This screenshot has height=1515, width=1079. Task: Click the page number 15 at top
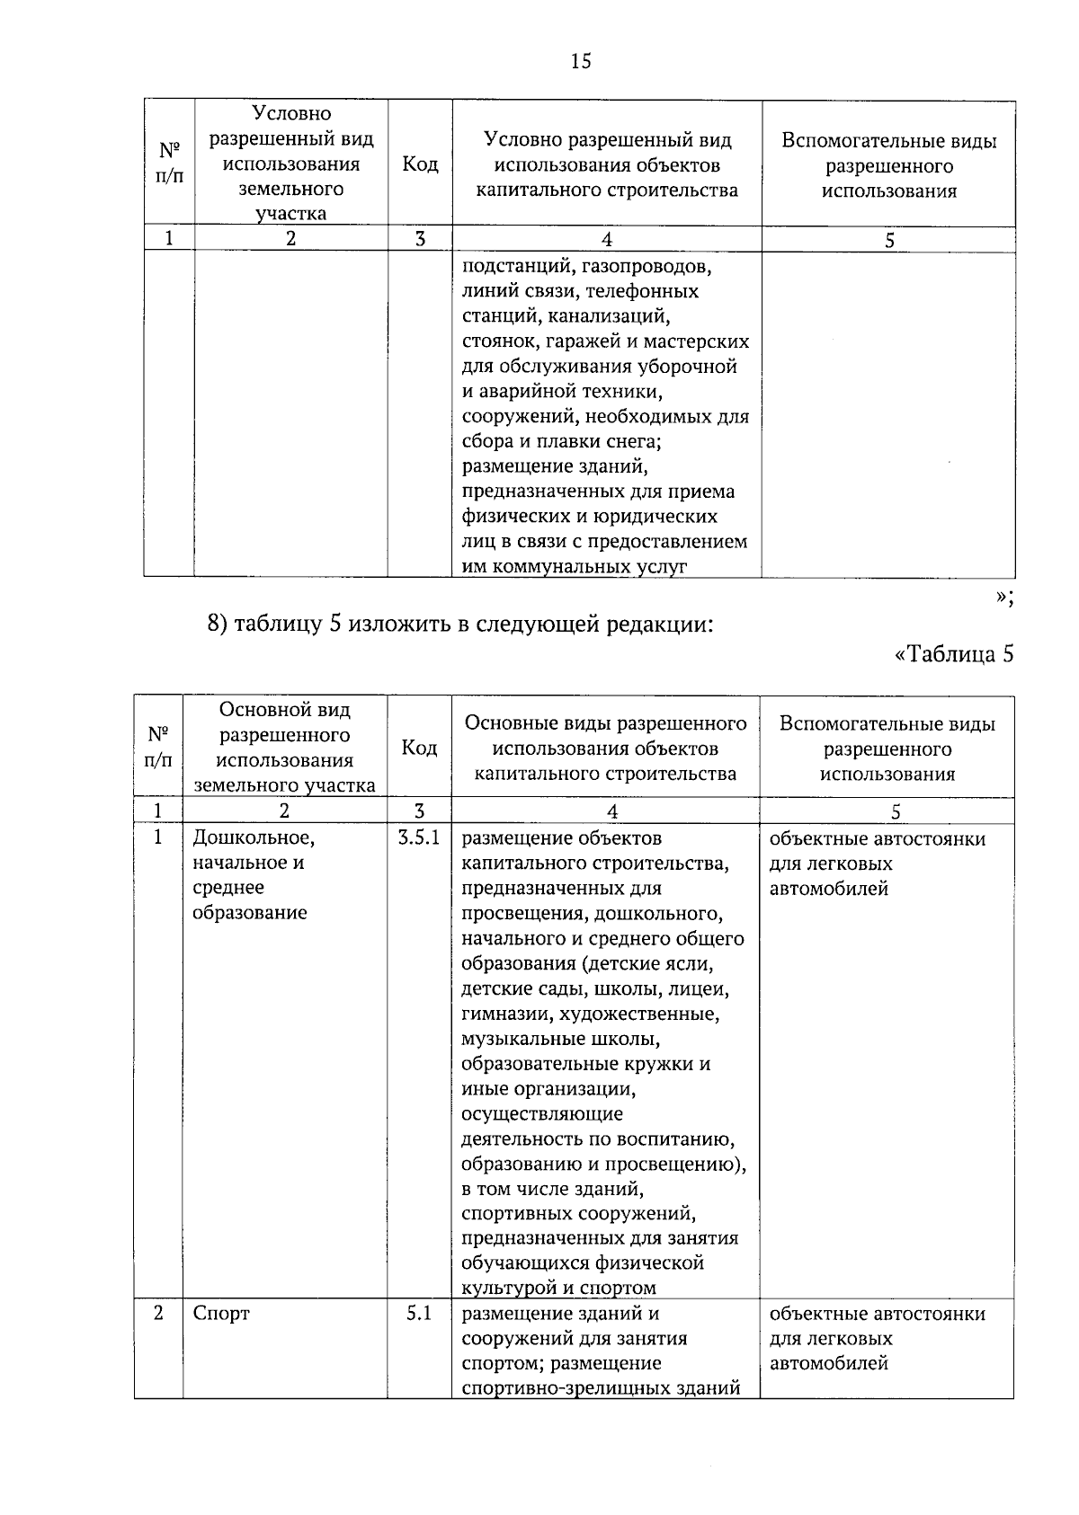tap(580, 61)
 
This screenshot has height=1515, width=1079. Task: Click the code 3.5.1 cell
tap(419, 838)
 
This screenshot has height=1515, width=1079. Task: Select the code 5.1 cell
tap(419, 1313)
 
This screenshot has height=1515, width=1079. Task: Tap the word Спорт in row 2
tap(221, 1313)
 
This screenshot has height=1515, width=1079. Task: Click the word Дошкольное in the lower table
tap(254, 838)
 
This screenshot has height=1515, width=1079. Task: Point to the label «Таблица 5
tap(954, 653)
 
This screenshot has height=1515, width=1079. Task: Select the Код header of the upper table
tap(420, 164)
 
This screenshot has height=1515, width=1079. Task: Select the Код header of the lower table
tap(419, 748)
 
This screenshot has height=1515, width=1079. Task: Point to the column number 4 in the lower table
tap(611, 811)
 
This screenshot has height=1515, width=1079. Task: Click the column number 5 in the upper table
tap(889, 240)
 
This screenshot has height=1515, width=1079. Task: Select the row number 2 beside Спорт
tap(158, 1313)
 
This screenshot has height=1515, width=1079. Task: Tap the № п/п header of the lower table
tap(158, 748)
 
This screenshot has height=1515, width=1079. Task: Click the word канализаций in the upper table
tap(611, 316)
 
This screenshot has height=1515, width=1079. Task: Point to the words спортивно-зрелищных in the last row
tap(549, 1388)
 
